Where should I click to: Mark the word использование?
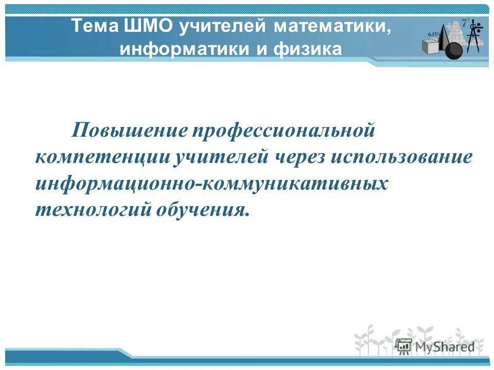point(401,157)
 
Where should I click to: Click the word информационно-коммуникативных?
point(211,183)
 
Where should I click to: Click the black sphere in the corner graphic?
point(453,50)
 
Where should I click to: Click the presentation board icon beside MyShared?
point(404,345)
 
